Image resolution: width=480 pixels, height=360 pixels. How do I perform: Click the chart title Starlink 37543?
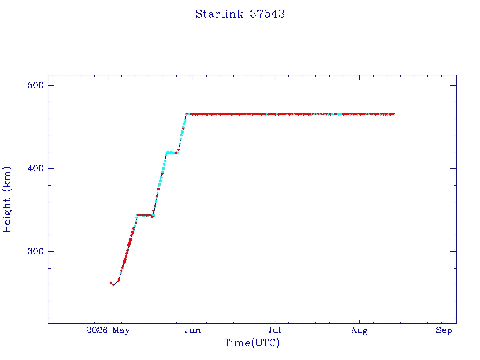[x=240, y=14]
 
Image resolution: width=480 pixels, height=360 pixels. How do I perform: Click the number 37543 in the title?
[x=267, y=14]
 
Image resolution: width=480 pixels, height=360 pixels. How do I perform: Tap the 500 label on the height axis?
[x=36, y=85]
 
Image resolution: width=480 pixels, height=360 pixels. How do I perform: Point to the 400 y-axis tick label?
[x=36, y=168]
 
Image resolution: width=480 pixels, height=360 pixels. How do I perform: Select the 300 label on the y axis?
[x=36, y=251]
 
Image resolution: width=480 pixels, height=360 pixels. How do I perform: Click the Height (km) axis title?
[x=7, y=199]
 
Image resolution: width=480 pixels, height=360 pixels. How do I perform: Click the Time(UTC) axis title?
[x=252, y=343]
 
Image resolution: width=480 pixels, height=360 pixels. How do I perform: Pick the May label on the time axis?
[x=121, y=330]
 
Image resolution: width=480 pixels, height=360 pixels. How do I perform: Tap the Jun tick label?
[x=193, y=330]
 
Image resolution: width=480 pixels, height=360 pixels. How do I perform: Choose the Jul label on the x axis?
[x=275, y=330]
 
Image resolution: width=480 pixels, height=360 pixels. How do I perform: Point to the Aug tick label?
[x=359, y=330]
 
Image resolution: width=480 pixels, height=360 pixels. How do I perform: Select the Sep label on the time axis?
[x=444, y=330]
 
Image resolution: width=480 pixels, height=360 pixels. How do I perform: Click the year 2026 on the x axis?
[x=97, y=330]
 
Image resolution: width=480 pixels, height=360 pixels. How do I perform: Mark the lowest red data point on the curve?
[x=113, y=285]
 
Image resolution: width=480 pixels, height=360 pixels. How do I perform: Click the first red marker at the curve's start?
[x=111, y=283]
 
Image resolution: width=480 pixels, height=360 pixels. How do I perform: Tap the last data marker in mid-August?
[x=393, y=114]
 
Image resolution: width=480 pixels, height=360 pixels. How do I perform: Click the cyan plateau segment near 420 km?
[x=170, y=152]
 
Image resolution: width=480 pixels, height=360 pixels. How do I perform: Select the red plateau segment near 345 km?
[x=144, y=215]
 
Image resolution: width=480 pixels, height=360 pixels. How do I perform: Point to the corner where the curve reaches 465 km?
[x=186, y=114]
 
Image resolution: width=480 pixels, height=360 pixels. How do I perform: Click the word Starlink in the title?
[x=219, y=14]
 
